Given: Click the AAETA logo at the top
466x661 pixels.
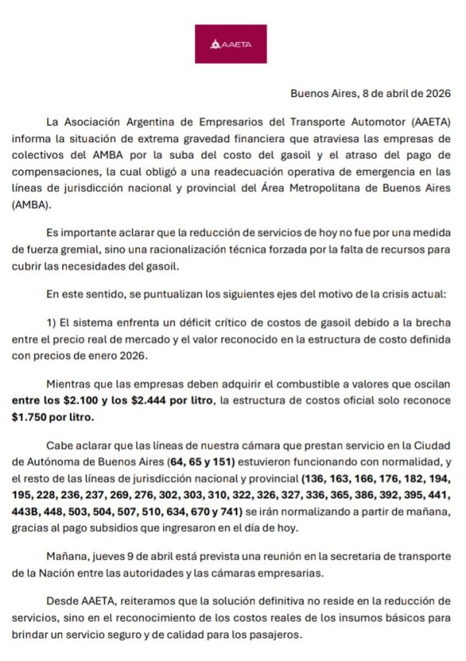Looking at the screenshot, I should click(x=230, y=43).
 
